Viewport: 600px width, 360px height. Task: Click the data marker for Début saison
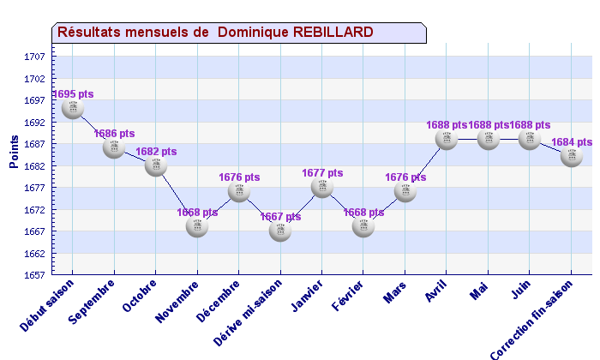point(72,109)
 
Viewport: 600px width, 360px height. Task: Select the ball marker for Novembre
point(197,226)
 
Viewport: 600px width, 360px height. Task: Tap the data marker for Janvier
point(322,187)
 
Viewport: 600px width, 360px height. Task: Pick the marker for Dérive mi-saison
point(280,231)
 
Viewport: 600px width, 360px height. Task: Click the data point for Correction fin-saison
point(572,157)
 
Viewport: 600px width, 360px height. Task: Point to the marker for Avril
point(447,139)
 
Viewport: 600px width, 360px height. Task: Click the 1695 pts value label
point(73,94)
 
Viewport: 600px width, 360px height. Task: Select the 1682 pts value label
point(156,152)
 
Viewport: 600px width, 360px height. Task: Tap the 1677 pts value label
point(322,173)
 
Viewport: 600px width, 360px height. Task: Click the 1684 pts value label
point(572,142)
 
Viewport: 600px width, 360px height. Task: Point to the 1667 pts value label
point(280,217)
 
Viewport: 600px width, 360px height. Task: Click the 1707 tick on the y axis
point(35,57)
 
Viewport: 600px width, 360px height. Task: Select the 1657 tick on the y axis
point(35,275)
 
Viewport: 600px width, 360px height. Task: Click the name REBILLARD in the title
point(333,32)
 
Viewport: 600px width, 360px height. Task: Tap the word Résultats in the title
point(90,32)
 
